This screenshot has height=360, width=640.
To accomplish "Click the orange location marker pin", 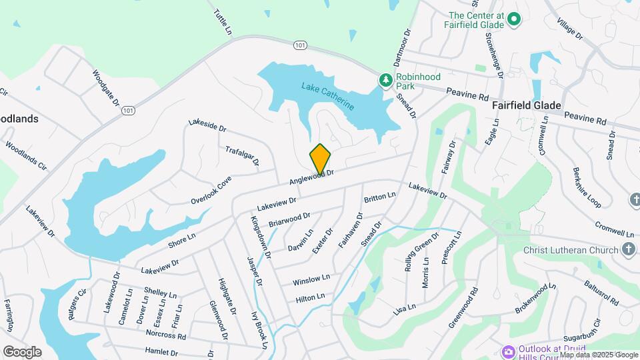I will [x=320, y=159].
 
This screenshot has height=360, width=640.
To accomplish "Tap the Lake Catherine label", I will [x=327, y=96].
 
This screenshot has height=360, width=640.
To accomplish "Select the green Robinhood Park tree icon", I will [x=385, y=81].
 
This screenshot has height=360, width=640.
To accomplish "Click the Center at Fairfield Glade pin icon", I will [x=514, y=19].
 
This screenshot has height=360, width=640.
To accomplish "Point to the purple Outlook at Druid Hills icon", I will [x=508, y=351].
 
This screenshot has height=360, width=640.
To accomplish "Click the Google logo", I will [x=22, y=352].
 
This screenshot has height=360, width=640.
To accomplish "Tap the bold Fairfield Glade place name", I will [x=526, y=106].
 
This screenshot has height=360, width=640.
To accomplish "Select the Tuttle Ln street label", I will [x=223, y=22].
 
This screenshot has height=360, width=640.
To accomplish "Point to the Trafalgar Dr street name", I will [x=242, y=156].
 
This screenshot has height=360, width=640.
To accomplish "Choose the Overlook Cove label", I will [x=211, y=190].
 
